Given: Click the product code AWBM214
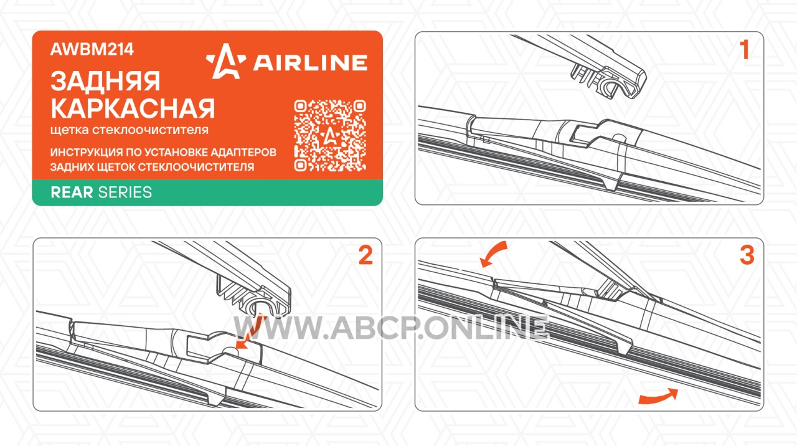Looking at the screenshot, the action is [92, 49].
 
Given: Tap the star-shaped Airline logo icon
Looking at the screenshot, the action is [225, 61].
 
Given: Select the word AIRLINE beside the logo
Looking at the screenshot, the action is [310, 63].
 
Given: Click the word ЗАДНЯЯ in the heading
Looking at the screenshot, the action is [105, 82].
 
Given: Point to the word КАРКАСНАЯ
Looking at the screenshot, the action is [133, 108].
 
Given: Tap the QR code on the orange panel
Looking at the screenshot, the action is [330, 136].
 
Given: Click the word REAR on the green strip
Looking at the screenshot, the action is [72, 192].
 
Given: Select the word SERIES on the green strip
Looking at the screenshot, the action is [125, 192].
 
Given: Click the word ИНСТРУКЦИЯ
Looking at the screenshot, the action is [86, 153].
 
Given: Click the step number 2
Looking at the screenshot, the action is [365, 255].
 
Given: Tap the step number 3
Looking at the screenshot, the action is [747, 255].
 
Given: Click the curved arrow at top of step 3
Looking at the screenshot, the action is [492, 252].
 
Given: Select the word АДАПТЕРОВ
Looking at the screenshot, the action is [243, 153].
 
